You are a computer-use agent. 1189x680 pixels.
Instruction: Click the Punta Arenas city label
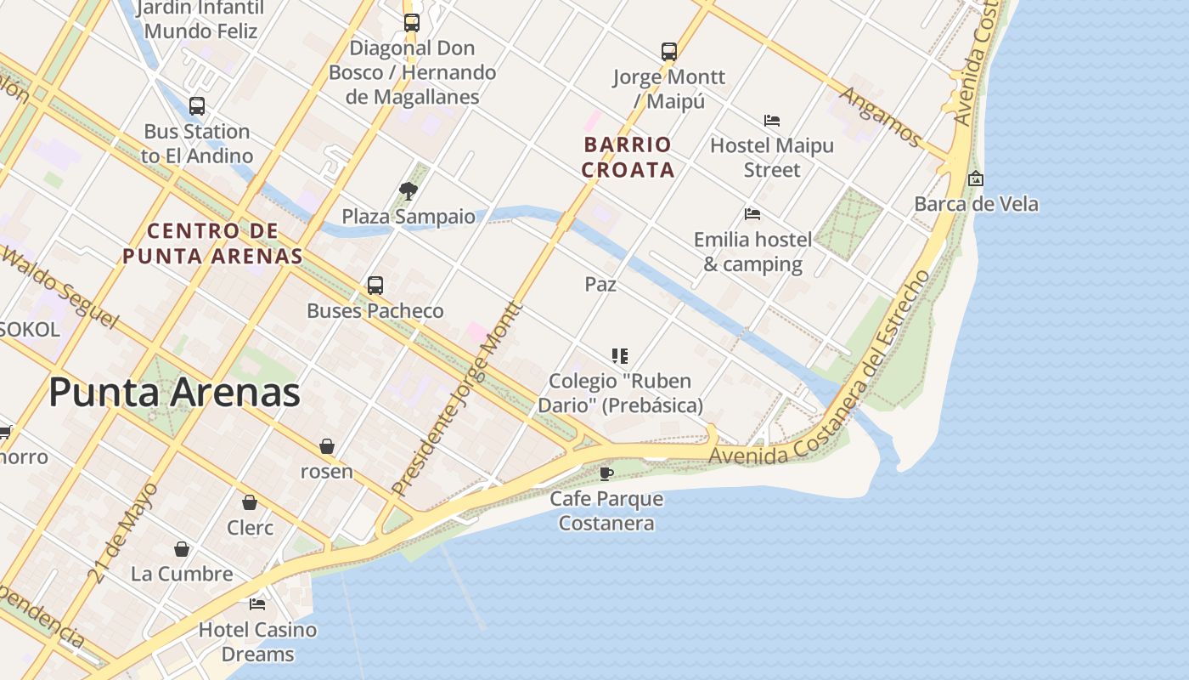pos(174,393)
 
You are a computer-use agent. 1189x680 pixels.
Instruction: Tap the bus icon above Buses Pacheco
pos(375,286)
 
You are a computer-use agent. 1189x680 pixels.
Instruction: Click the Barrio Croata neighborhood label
pos(628,157)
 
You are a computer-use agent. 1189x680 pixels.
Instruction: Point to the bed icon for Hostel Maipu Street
pos(772,121)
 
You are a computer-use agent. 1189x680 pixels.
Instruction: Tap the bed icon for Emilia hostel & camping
pos(752,214)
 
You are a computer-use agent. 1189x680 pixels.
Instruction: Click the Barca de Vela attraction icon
pos(976,179)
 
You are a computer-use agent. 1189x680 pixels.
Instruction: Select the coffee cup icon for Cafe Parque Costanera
pos(606,473)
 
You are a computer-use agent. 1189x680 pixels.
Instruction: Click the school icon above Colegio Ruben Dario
pos(620,356)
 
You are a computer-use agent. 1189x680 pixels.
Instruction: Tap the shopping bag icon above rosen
pos(327,446)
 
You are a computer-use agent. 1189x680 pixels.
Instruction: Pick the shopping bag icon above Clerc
pos(250,503)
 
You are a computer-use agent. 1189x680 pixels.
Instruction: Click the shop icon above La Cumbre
pos(182,549)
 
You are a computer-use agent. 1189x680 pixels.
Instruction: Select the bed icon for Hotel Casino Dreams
pos(257,604)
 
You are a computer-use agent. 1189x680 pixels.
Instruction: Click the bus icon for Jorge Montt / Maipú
pos(669,52)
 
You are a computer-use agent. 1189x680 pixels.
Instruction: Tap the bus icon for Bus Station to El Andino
pos(197,106)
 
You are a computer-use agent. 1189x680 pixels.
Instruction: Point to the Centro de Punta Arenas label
pos(212,243)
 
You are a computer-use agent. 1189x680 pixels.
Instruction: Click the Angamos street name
pos(881,116)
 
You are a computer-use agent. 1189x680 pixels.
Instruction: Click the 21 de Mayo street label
pos(123,533)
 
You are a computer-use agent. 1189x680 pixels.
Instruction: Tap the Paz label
pos(600,285)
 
